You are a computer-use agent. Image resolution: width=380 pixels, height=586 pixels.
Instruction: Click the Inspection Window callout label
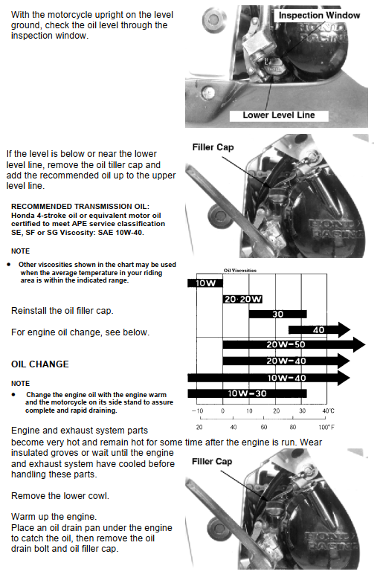319,16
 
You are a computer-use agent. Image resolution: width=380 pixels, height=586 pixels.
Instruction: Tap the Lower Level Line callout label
279,115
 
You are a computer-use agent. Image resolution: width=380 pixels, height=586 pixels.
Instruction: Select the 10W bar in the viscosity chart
205,283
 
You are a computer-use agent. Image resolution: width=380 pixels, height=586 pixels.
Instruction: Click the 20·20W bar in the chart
243,299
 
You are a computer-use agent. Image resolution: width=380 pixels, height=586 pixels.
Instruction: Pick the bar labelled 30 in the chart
277,314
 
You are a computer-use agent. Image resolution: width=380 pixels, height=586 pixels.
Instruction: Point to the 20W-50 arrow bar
294,344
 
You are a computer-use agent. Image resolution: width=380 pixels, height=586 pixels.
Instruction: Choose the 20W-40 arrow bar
286,361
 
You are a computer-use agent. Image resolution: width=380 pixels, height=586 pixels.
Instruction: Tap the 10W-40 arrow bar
268,378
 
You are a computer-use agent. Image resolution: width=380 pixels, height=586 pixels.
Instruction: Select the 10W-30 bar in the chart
247,393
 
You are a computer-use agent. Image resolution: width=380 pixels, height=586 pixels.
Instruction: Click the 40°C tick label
328,411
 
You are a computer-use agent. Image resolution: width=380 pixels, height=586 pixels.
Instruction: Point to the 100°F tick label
326,427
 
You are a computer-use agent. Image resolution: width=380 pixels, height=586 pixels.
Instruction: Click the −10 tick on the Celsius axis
197,411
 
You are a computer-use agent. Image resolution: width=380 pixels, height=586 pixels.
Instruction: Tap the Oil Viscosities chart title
240,270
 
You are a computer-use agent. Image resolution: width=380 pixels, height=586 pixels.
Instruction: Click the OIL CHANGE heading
40,364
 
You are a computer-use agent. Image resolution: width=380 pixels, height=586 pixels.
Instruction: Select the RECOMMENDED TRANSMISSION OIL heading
80,206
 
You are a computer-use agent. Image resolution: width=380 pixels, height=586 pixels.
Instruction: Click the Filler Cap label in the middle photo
213,147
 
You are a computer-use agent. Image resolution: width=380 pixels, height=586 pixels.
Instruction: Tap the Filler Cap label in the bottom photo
212,462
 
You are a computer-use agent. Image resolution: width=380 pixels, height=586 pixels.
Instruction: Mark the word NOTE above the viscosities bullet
21,251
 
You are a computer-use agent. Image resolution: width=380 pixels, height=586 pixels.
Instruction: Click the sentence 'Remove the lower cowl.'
60,496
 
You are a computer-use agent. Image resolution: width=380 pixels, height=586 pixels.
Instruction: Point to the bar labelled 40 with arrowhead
319,329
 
